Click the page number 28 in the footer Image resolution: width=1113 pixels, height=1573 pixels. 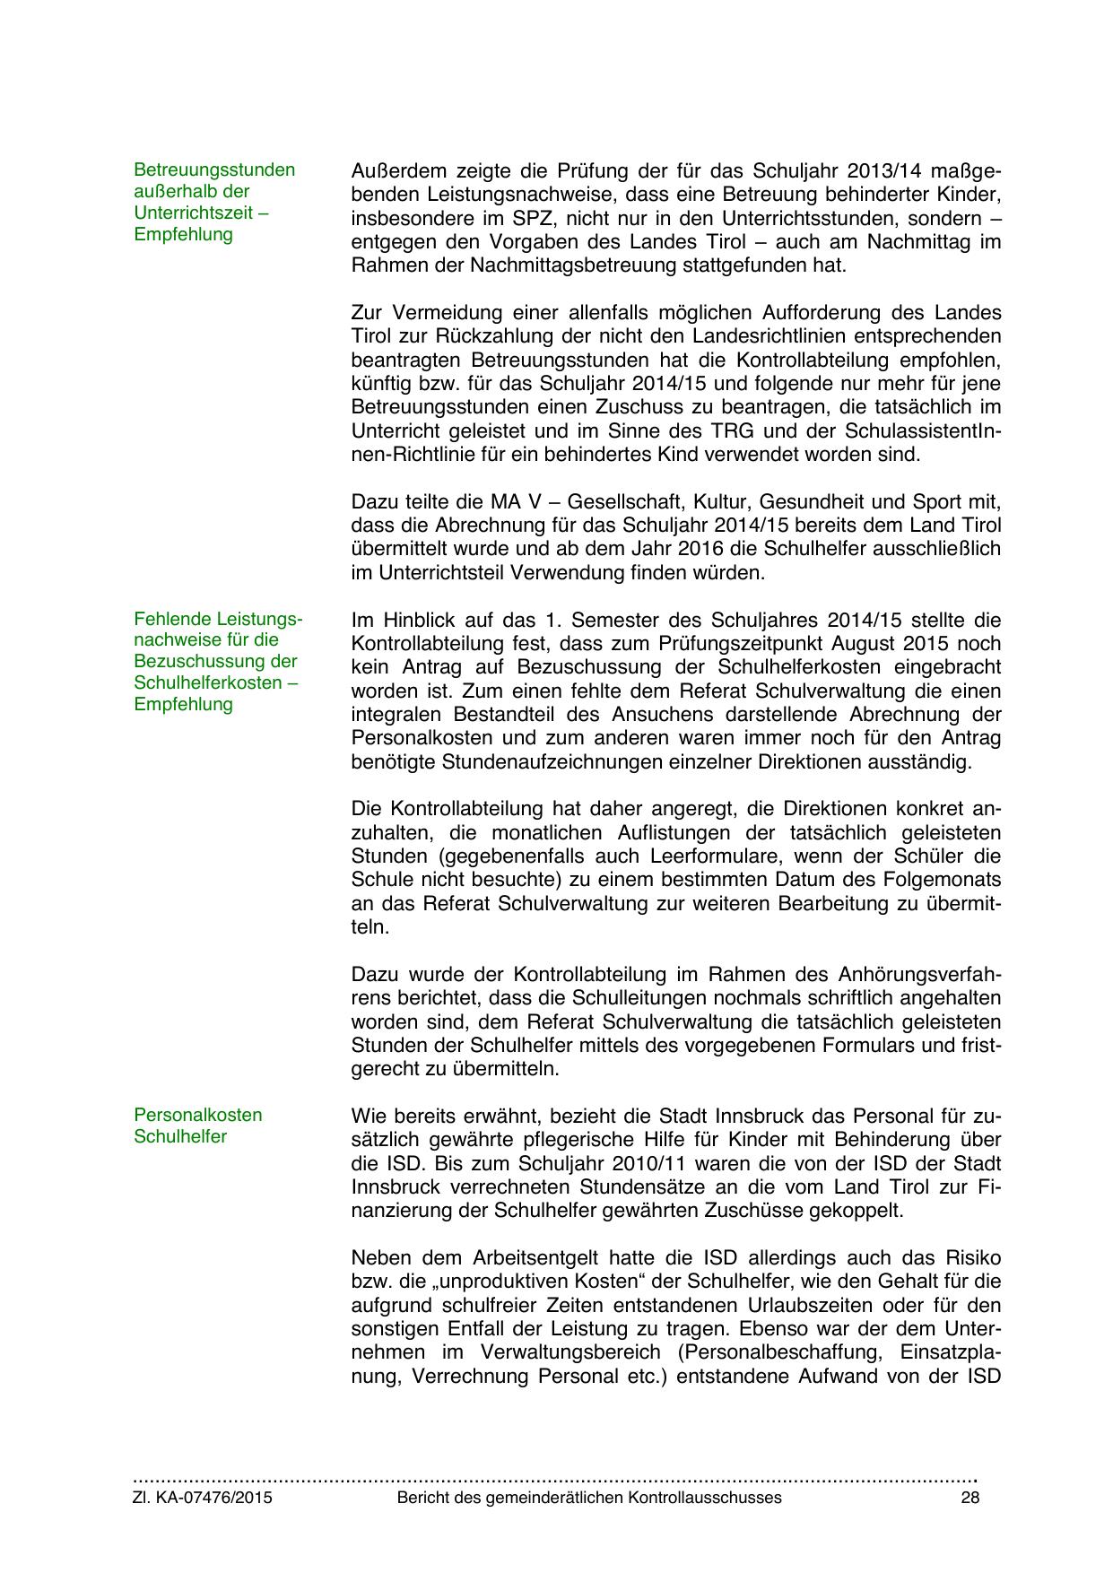pyautogui.click(x=969, y=1498)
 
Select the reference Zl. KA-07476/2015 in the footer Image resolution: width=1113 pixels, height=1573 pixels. pyautogui.click(x=203, y=1498)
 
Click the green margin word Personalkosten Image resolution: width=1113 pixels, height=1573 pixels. pyautogui.click(x=198, y=1115)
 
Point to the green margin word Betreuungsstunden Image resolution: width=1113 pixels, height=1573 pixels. pyautogui.click(x=214, y=169)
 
